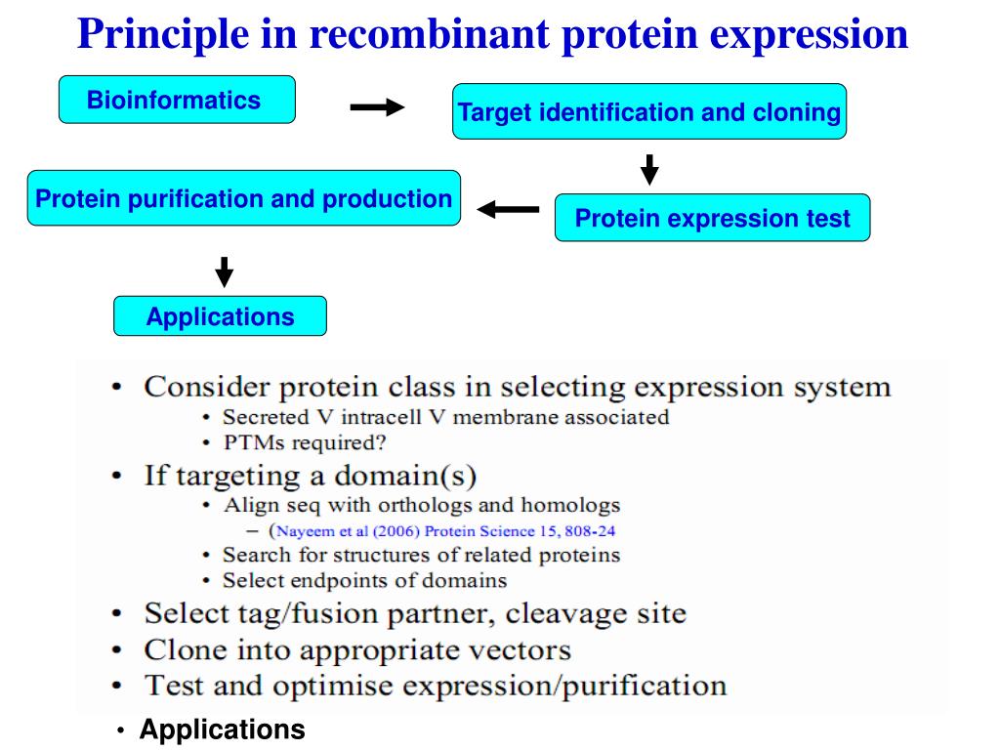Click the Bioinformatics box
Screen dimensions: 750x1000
[177, 100]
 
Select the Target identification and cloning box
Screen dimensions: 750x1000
[649, 111]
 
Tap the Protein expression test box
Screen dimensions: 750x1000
[712, 218]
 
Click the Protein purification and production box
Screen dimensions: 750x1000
[243, 198]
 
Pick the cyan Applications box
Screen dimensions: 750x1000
[220, 316]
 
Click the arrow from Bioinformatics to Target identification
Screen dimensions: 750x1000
[377, 107]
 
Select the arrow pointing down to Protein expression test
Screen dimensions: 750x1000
[649, 168]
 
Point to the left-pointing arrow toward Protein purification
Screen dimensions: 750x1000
[508, 209]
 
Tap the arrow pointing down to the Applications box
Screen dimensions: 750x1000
[224, 271]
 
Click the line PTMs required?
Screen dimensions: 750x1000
[305, 441]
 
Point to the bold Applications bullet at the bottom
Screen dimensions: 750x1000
[222, 729]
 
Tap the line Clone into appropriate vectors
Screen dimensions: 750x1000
[357, 649]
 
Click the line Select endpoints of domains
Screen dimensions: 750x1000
[364, 580]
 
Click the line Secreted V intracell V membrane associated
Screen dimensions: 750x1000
[445, 417]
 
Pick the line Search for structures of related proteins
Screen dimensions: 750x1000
[421, 556]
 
